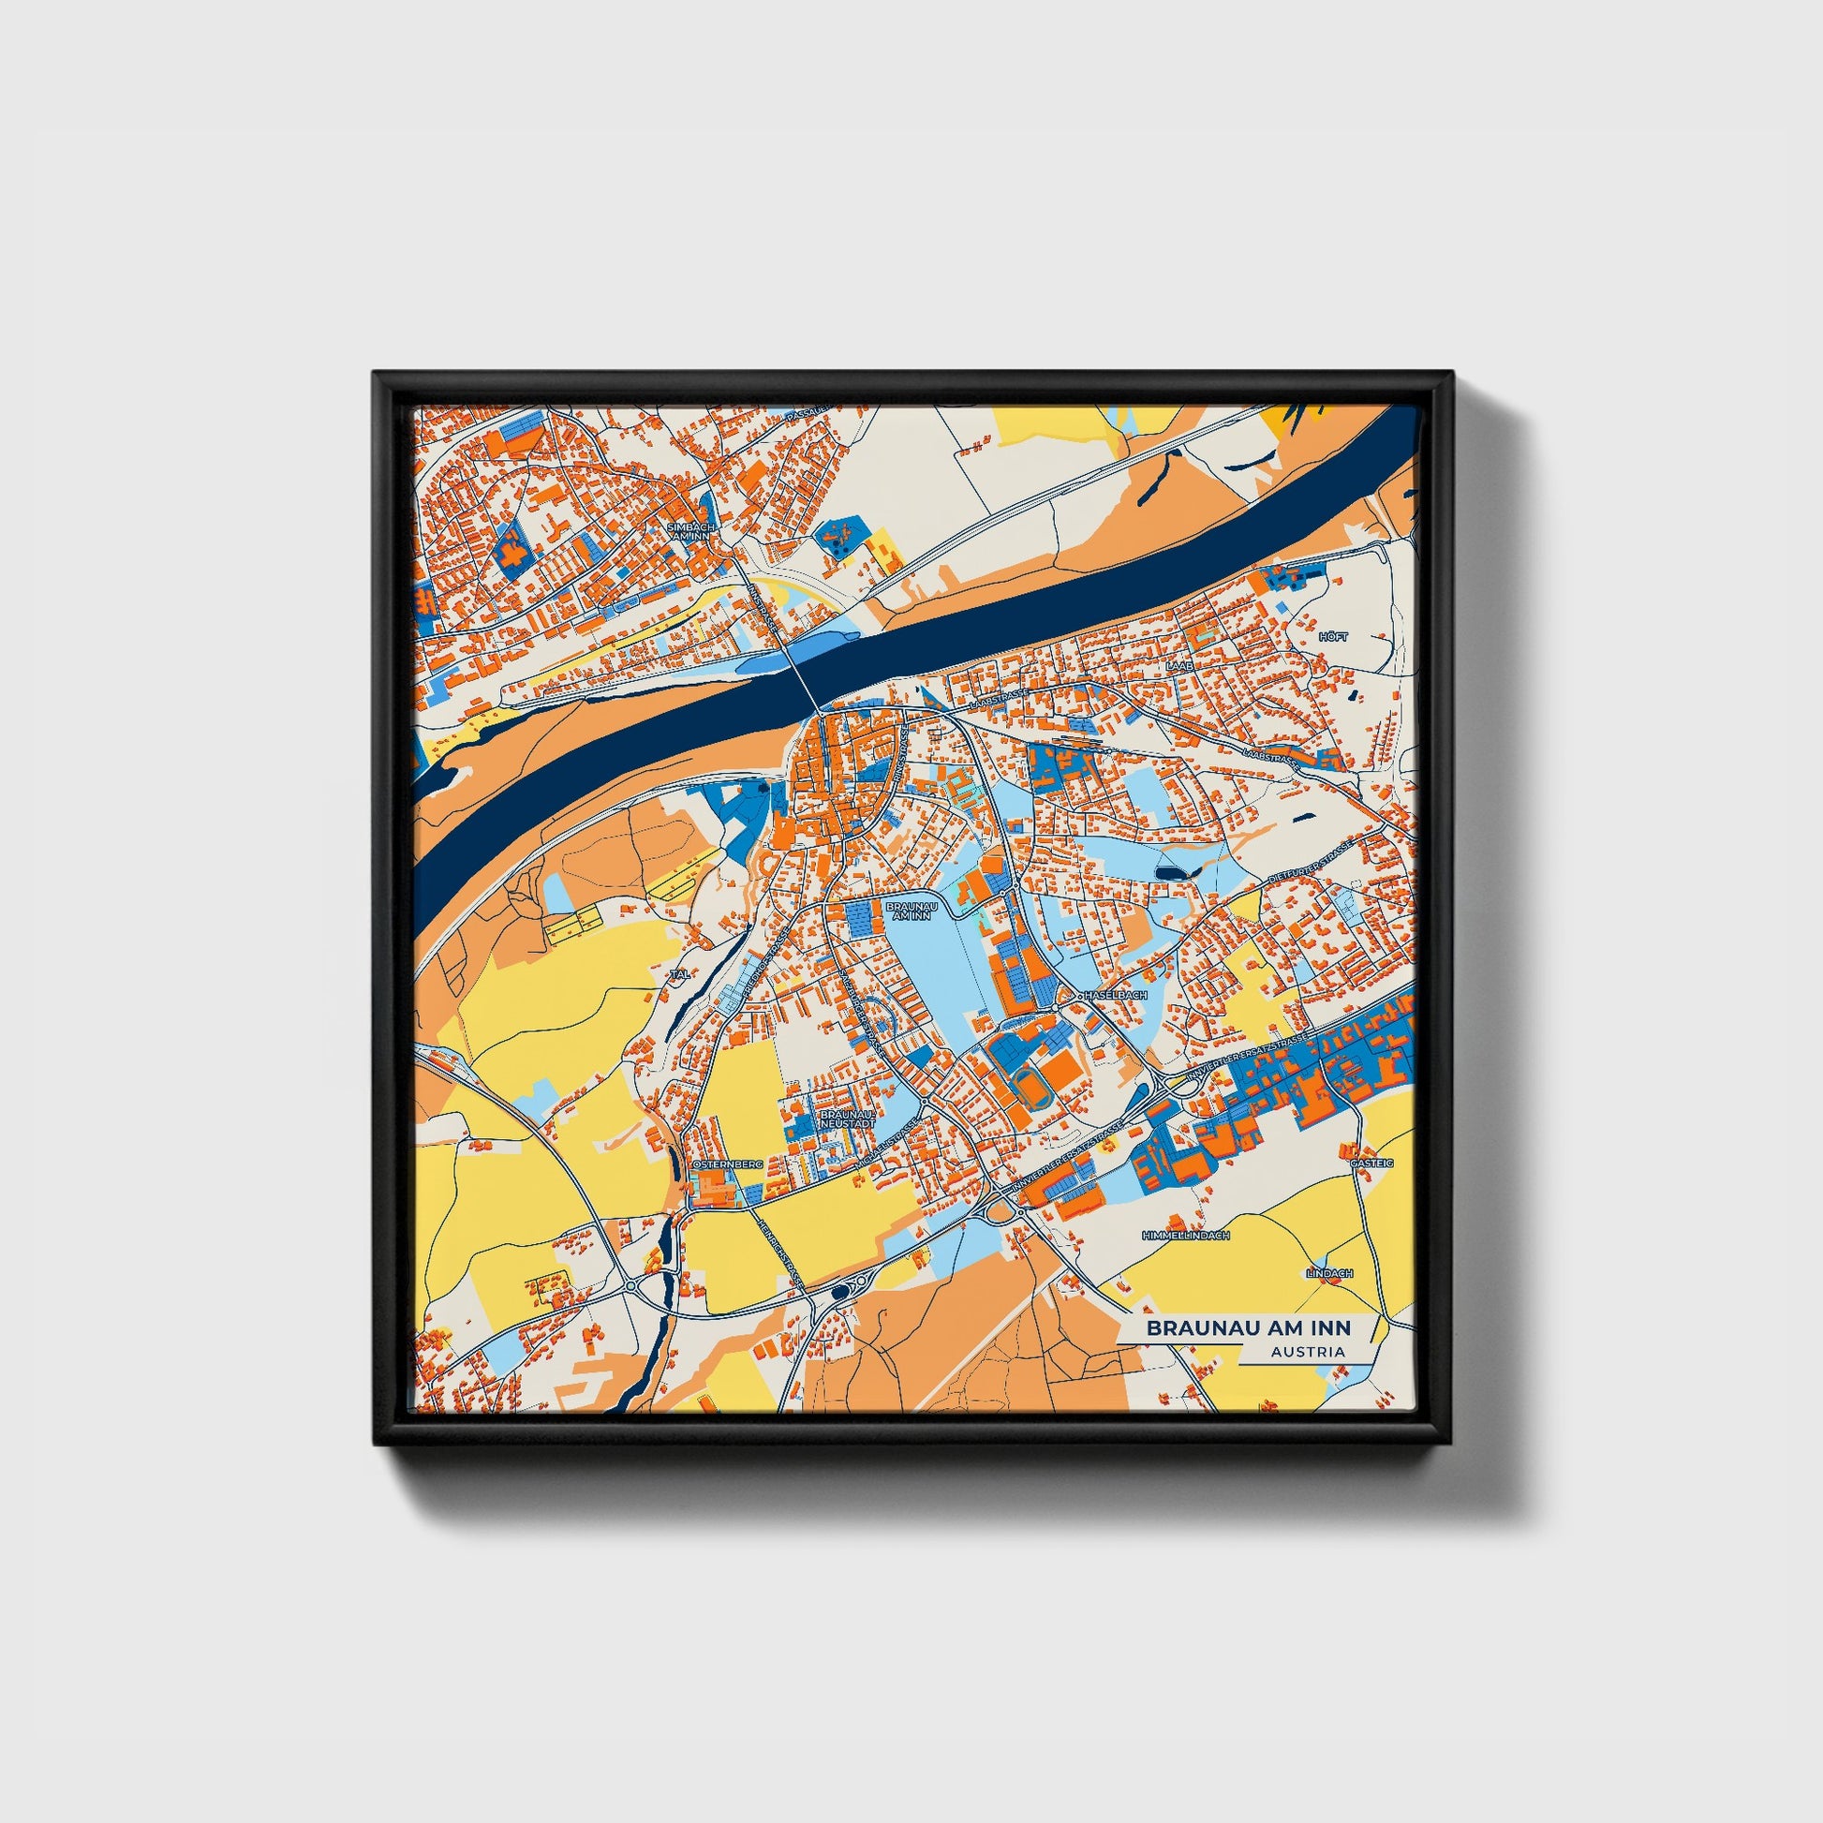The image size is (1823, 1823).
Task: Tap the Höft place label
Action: (x=1335, y=637)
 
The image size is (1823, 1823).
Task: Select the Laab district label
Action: (x=1179, y=666)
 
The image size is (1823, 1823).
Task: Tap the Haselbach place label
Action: (x=1116, y=996)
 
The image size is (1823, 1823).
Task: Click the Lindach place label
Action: (x=1328, y=1273)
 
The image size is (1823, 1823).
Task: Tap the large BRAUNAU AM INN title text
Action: (x=1249, y=1327)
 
